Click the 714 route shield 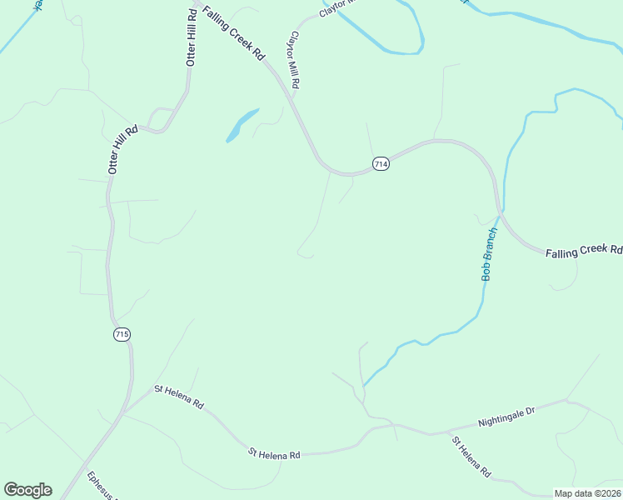click(381, 164)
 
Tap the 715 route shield click(122, 334)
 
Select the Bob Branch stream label click(490, 253)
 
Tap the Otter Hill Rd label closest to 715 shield click(122, 150)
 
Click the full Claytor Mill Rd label click(293, 61)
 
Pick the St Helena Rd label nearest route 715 click(178, 395)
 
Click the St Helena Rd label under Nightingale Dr click(471, 457)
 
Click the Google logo click(27, 490)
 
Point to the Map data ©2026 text click(586, 492)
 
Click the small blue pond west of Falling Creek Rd click(242, 124)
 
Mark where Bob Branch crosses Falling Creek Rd click(500, 212)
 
